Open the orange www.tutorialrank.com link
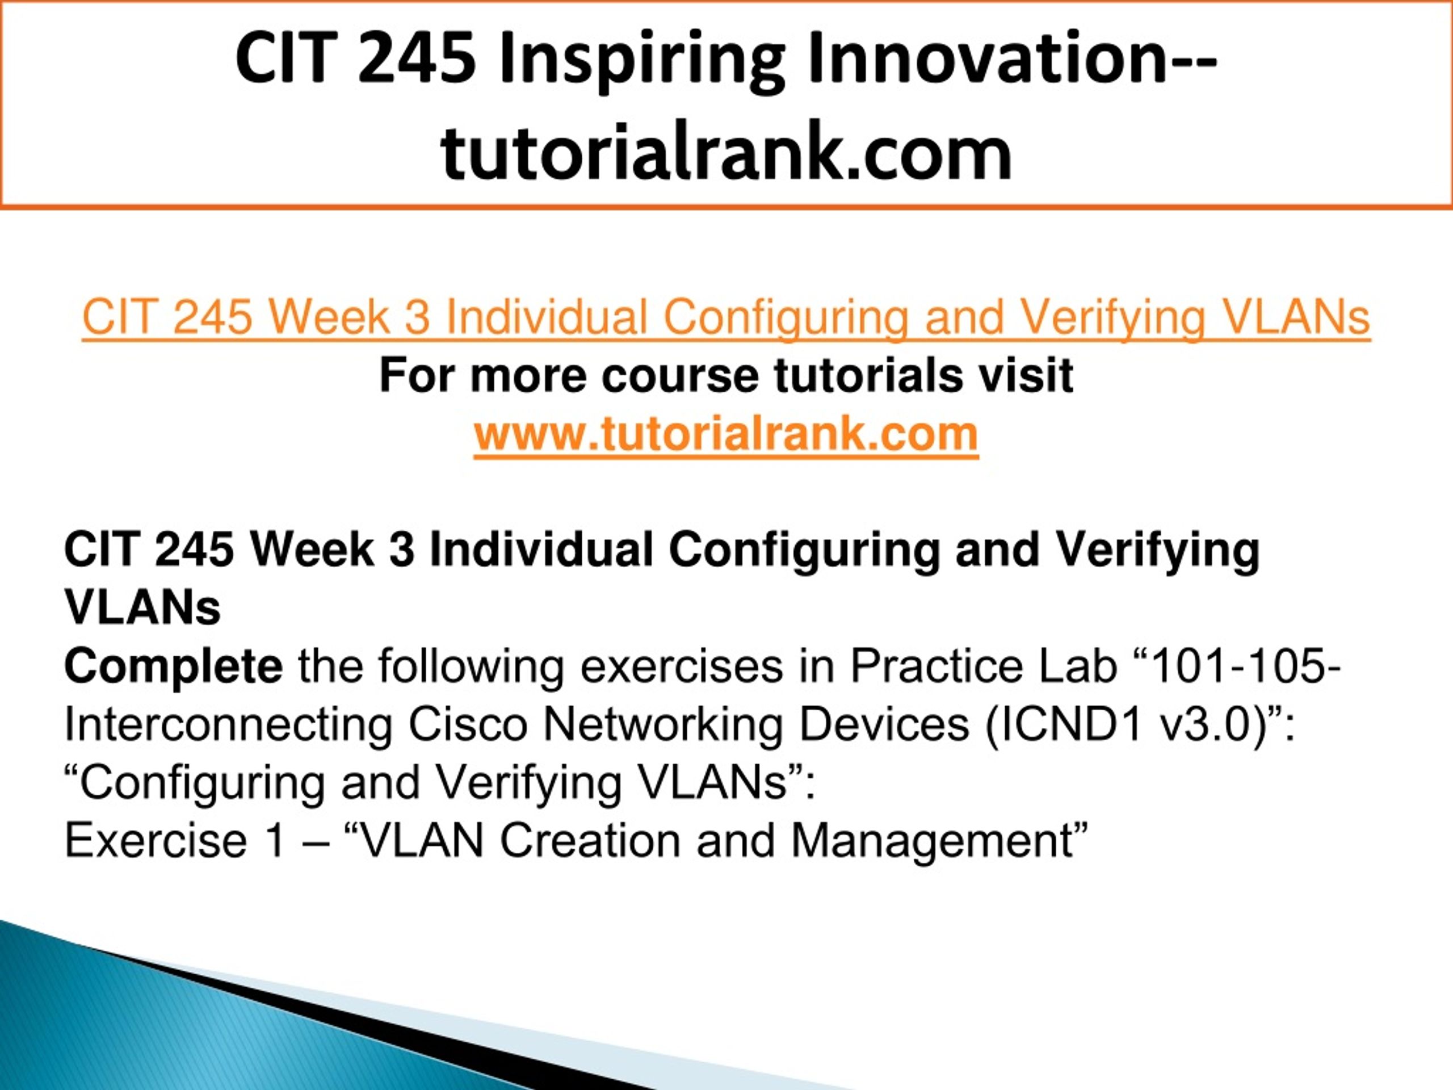click(726, 434)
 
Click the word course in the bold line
click(680, 376)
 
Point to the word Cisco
click(468, 726)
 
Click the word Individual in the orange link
click(547, 317)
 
